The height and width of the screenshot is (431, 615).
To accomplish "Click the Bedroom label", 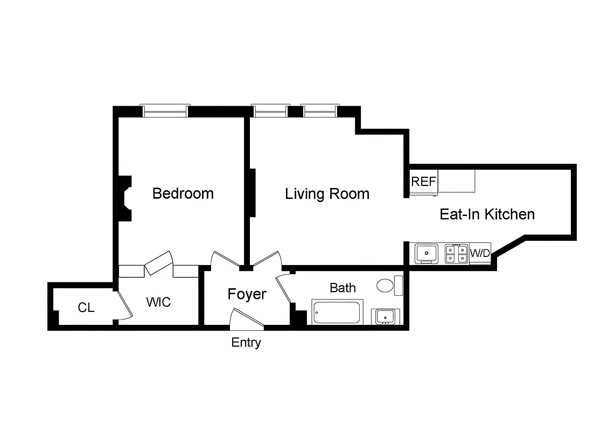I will click(x=183, y=193).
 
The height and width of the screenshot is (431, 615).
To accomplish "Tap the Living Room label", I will click(x=327, y=194).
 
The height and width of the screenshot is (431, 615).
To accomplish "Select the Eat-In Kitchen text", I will click(x=487, y=214).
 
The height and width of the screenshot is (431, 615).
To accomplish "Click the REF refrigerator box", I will click(x=424, y=182).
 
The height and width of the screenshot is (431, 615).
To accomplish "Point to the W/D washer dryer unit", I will click(x=480, y=253).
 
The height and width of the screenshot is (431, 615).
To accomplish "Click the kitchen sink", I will click(x=427, y=253).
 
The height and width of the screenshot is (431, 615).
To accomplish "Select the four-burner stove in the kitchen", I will click(x=456, y=253).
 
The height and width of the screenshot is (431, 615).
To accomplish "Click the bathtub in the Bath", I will click(x=337, y=313).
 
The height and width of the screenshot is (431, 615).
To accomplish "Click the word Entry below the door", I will click(x=246, y=343).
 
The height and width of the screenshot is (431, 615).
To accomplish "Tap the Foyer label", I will click(x=247, y=294).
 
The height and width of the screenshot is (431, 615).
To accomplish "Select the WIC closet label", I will click(x=158, y=302).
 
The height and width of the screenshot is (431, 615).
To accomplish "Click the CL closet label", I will click(x=86, y=308).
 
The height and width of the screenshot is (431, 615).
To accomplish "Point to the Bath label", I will click(x=343, y=288).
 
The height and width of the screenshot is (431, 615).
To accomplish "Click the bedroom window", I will click(x=165, y=111).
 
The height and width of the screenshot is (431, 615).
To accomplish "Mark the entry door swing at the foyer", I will click(x=246, y=319).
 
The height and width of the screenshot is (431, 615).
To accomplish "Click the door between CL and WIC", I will click(x=124, y=305).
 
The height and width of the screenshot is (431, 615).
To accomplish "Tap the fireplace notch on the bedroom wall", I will click(x=125, y=198).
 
